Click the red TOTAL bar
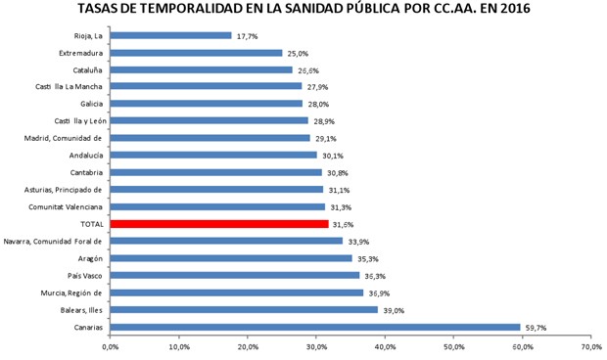(x=219, y=224)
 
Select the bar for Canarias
(x=315, y=327)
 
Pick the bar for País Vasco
(x=235, y=276)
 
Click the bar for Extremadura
(x=196, y=53)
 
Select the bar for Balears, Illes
(x=244, y=310)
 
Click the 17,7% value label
(x=247, y=36)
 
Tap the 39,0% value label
(x=393, y=310)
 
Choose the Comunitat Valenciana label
(x=67, y=206)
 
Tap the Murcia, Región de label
(x=70, y=292)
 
